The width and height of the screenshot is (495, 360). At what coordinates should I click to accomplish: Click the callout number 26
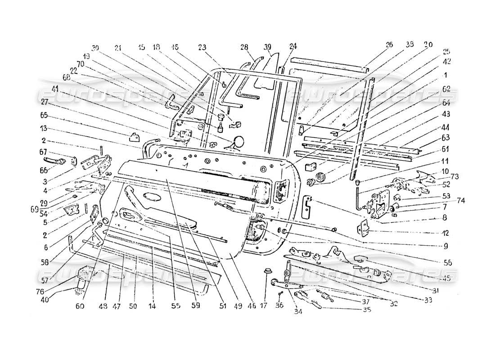389,45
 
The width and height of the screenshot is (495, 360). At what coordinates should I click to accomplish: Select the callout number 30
95,48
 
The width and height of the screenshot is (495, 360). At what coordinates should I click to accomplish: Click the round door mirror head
238,141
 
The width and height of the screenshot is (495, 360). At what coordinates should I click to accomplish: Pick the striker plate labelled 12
364,229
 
